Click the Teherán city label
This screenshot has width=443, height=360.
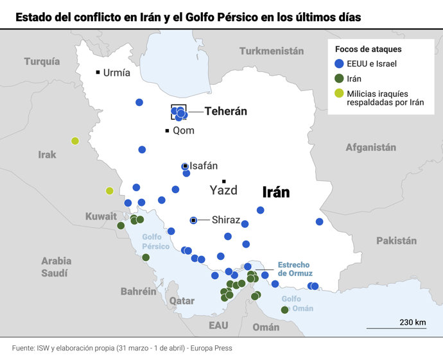pos(225,111)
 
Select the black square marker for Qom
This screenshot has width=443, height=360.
pos(167,131)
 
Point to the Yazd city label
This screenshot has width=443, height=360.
pos(223,190)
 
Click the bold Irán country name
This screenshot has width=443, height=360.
pos(275,192)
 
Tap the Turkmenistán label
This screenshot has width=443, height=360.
pos(271,51)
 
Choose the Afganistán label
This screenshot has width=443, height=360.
pos(370,147)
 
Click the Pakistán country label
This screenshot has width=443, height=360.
pos(396,241)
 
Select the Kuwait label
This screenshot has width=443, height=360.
pos(101,216)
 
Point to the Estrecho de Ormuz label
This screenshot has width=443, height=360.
pos(293,269)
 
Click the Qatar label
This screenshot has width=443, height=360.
pos(182,300)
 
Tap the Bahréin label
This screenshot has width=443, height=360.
pos(138,291)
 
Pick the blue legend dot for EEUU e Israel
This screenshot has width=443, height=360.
pos(339,64)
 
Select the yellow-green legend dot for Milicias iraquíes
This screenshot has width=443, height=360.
pos(339,94)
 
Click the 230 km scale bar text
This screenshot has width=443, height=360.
pos(413,321)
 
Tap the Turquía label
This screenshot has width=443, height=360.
pos(42,62)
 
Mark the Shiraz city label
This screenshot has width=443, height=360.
pos(226,220)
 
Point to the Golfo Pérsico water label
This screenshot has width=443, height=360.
pos(156,241)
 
